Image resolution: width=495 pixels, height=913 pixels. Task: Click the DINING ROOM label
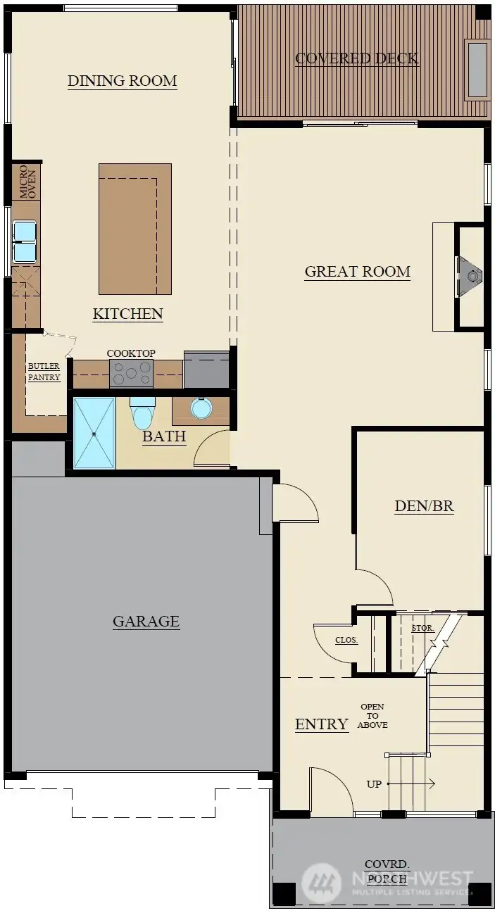coord(123,81)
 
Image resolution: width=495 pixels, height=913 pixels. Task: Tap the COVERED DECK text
coord(357,58)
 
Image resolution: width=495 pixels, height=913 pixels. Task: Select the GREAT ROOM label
coord(358,272)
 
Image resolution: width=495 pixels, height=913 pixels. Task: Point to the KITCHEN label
coord(128,314)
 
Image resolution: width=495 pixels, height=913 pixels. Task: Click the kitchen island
coord(135,229)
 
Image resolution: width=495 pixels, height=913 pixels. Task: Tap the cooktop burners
coord(131,373)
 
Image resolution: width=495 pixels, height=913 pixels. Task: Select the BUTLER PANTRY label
coord(44,372)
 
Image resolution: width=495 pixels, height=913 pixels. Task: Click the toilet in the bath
coord(142,413)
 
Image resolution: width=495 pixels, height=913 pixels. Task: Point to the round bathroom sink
coord(201,408)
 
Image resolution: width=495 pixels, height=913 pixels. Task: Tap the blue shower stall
coord(94,434)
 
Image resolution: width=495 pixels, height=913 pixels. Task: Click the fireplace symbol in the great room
coord(470,276)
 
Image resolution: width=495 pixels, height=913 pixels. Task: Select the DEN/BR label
coord(424,506)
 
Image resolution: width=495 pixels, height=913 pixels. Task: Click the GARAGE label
coord(146,622)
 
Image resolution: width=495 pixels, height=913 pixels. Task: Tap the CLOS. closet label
coord(346,641)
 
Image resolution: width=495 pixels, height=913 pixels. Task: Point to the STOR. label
coord(423,628)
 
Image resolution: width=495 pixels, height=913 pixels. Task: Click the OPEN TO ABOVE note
coord(372,716)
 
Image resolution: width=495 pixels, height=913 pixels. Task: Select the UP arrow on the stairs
coord(411,783)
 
